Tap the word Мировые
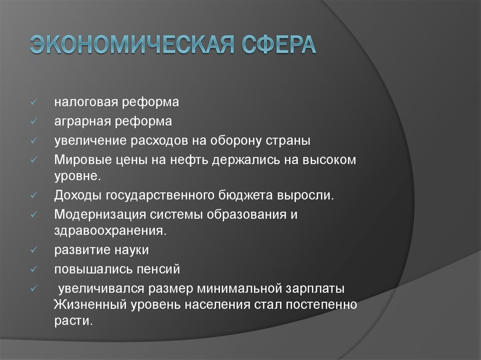[82, 160]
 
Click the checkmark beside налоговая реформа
[34, 102]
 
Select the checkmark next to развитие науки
[34, 250]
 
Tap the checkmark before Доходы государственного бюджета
[34, 195]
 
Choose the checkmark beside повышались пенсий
[34, 269]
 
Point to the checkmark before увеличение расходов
[34, 141]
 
